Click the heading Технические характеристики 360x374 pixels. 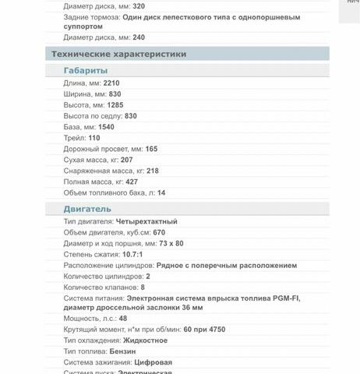coord(118,54)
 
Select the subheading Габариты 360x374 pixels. coord(86,70)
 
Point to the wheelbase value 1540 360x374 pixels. coord(106,126)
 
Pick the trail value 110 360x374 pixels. coord(94,137)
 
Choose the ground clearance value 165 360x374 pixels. coord(151,148)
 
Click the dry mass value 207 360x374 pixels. coord(126,160)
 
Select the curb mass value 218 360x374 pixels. coord(152,171)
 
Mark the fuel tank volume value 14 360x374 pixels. coord(161,192)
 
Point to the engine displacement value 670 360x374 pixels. coord(159,232)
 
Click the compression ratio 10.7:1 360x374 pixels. coord(132,254)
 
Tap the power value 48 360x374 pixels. coord(123,319)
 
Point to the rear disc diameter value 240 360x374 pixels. coord(139,37)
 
